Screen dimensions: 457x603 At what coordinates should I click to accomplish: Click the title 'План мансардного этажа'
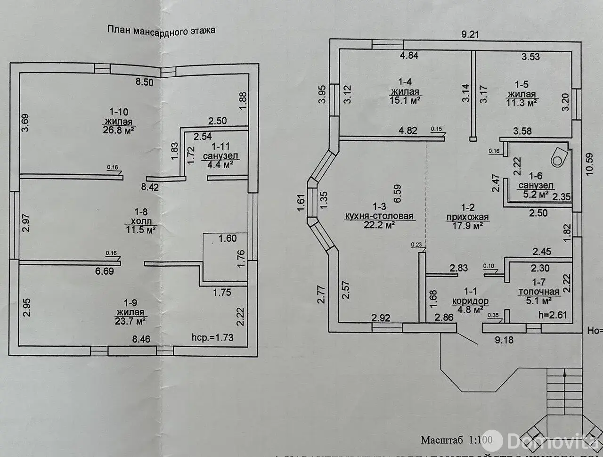pyautogui.click(x=161, y=31)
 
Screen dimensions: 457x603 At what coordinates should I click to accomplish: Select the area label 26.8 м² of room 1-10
pyautogui.click(x=119, y=131)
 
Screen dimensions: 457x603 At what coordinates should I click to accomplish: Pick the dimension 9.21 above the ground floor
pyautogui.click(x=470, y=34)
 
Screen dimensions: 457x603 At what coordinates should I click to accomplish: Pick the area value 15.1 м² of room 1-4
pyautogui.click(x=405, y=100)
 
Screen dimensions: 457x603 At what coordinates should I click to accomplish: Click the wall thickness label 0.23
pyautogui.click(x=416, y=244)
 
